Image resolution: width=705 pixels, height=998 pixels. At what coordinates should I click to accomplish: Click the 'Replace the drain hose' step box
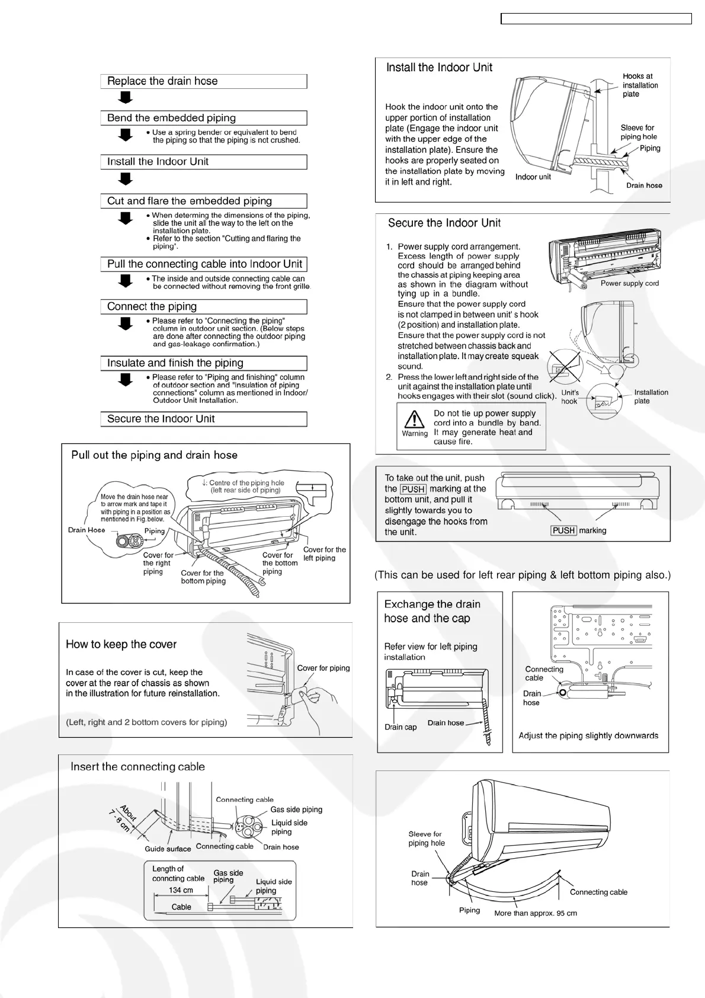tap(203, 81)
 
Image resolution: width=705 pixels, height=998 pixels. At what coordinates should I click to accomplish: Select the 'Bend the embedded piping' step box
tap(203, 118)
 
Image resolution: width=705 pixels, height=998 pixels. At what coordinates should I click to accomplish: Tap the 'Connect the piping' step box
tap(203, 306)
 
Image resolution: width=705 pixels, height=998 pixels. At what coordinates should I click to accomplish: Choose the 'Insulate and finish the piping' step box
tap(203, 363)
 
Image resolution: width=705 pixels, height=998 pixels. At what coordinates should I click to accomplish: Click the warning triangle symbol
tap(414, 420)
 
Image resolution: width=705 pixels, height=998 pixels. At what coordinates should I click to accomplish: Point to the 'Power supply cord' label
tap(629, 283)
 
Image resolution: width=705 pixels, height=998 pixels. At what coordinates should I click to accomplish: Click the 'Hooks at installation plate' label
tap(640, 85)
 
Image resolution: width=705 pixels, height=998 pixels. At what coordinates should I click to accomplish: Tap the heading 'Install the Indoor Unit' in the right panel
tap(439, 68)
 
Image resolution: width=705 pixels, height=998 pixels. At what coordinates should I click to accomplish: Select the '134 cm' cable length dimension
tap(181, 890)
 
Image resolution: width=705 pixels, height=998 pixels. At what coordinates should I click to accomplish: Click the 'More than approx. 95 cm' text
tap(535, 913)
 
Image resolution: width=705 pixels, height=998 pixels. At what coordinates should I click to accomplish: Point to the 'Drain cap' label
tap(400, 727)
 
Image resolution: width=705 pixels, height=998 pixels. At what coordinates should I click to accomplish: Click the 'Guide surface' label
tap(168, 849)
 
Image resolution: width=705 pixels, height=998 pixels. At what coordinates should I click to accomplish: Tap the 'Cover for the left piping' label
tap(324, 554)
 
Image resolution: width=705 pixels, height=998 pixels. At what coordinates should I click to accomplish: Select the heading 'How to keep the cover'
tap(121, 644)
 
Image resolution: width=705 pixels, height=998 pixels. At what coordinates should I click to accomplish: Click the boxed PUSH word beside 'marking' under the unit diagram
tap(563, 530)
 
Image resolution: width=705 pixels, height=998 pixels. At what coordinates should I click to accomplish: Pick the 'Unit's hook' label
tap(570, 396)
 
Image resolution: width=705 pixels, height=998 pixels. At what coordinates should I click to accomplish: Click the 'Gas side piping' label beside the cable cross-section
tap(296, 810)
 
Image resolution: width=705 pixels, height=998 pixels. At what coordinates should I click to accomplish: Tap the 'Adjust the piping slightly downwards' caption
tap(588, 735)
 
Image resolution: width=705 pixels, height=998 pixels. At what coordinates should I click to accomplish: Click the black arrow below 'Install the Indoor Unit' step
tap(125, 178)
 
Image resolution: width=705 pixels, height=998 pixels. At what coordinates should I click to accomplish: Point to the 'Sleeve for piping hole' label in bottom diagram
tap(426, 838)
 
